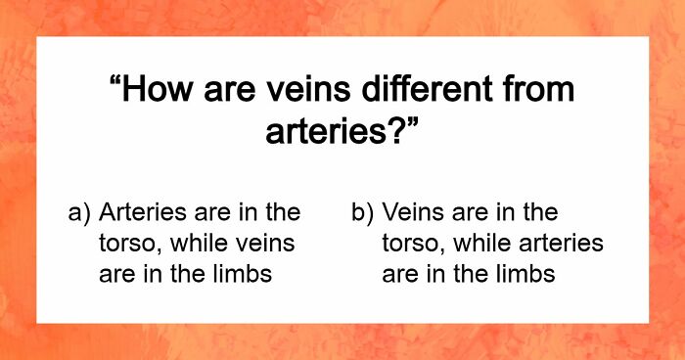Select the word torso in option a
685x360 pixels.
124,244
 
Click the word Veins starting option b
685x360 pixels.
411,212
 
